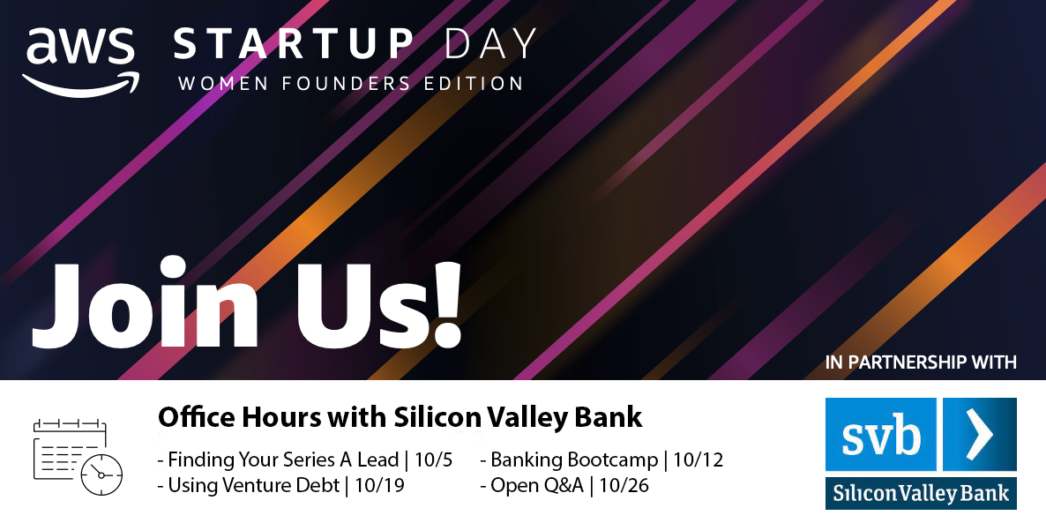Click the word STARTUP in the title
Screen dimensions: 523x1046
[x=294, y=44]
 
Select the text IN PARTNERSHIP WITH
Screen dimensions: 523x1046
[x=921, y=362]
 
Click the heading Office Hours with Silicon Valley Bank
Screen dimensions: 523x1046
[x=400, y=417]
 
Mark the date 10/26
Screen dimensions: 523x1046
[x=624, y=485]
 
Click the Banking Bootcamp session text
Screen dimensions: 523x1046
[x=574, y=459]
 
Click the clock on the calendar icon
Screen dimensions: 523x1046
[x=101, y=474]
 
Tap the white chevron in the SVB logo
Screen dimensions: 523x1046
[x=979, y=433]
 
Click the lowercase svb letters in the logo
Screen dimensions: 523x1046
[x=880, y=435]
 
